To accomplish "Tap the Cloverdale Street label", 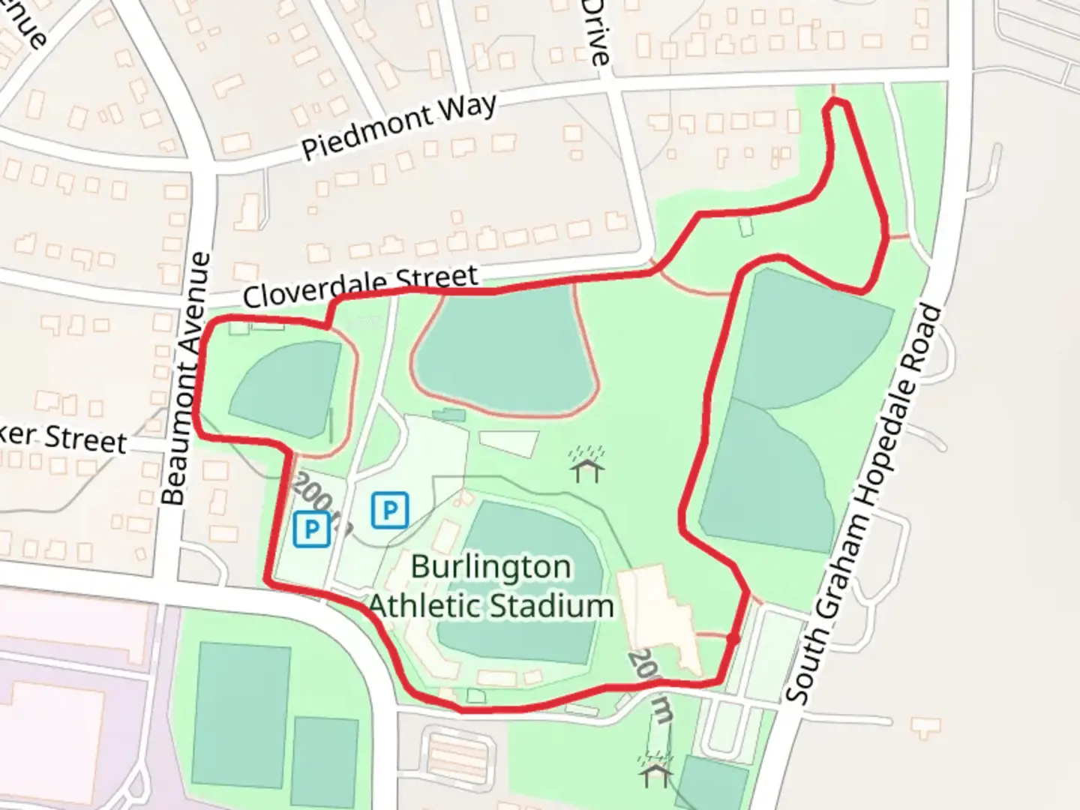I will point(360,286).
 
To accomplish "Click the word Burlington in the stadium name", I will point(491,567).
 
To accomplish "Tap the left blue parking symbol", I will point(312,529).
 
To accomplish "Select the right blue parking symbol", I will point(390,511).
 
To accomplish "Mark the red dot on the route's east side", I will point(733,639).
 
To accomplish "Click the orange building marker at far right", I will point(925,725).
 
